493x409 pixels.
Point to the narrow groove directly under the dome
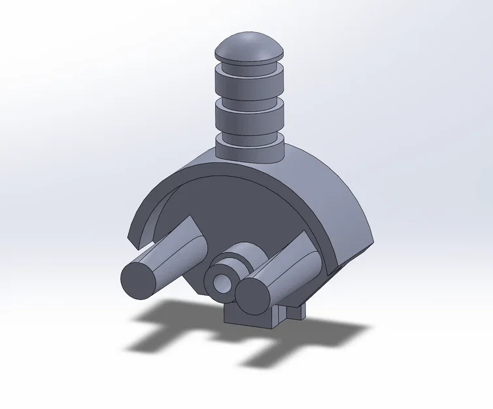(249, 65)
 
